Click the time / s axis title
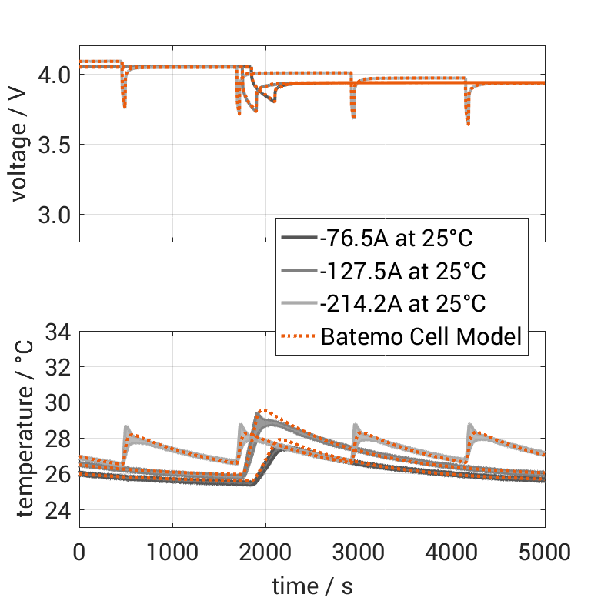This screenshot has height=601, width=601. point(312,586)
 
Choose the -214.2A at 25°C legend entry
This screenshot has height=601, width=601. point(402,304)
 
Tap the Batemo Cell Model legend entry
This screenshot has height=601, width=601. point(422,336)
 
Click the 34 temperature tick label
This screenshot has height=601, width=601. point(58,332)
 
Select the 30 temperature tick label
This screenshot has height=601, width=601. point(58,403)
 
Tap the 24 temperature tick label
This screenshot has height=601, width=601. point(58,510)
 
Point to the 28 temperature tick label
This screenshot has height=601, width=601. point(58,439)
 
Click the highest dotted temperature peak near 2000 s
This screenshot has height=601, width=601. point(265,410)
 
